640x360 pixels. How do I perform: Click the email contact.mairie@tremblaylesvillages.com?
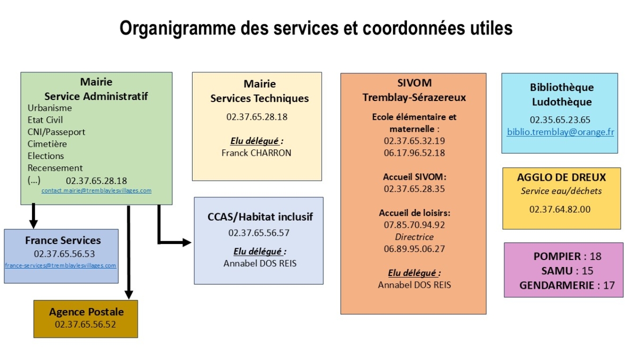click(x=96, y=190)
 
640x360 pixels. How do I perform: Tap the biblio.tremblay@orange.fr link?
click(x=560, y=132)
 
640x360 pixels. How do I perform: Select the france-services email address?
click(x=61, y=265)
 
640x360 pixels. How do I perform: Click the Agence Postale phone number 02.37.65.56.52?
click(x=86, y=324)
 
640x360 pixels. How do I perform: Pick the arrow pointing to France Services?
click(x=34, y=216)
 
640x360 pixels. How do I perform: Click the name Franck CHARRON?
click(x=256, y=153)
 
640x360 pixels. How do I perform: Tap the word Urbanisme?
click(x=49, y=108)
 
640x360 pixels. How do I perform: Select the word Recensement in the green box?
click(x=55, y=168)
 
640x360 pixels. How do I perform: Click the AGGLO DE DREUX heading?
click(x=561, y=178)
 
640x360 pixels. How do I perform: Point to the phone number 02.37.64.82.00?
click(x=560, y=210)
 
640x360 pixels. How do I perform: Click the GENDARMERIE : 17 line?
click(x=567, y=286)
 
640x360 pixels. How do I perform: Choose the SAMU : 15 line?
click(x=567, y=271)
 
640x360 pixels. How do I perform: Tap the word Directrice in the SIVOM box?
click(x=414, y=237)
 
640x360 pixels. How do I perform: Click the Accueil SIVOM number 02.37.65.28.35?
click(x=414, y=189)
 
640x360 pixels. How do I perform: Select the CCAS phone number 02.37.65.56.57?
click(x=259, y=233)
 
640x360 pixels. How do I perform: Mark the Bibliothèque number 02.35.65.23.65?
click(x=560, y=120)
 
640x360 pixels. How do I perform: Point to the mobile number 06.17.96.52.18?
click(x=414, y=153)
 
